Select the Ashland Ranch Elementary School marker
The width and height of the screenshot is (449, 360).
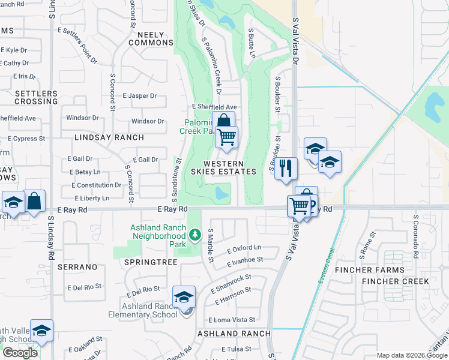[x=184, y=297]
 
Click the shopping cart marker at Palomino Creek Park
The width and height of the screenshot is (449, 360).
[x=227, y=137]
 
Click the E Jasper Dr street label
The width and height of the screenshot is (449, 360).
[x=139, y=95]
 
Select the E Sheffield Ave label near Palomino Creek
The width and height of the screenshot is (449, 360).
[x=215, y=107]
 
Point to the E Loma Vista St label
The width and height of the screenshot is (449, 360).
[x=232, y=320]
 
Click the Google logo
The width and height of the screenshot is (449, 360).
[x=20, y=353]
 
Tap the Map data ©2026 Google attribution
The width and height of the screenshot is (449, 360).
[x=411, y=355]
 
